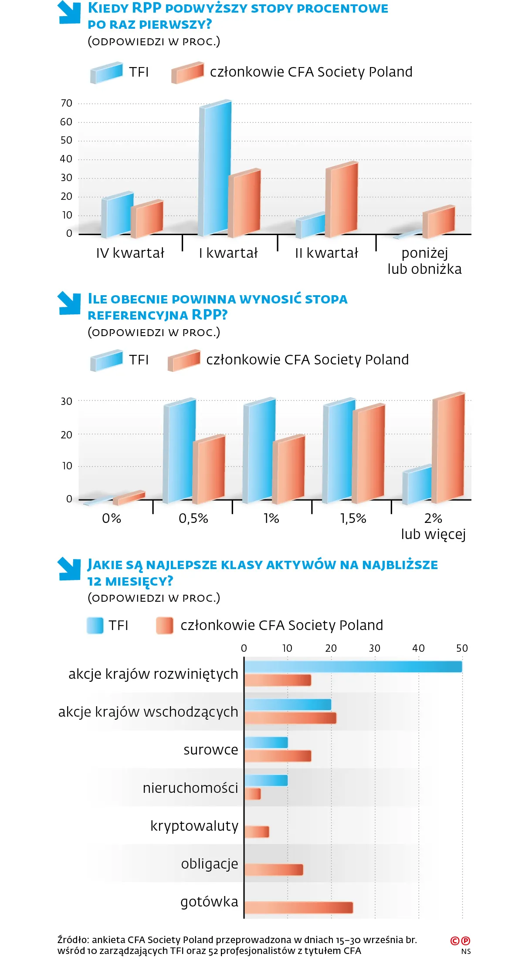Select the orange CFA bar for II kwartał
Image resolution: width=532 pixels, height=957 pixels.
343,200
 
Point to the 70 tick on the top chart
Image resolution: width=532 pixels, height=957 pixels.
67,103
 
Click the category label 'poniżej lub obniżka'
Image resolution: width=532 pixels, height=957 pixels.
424,261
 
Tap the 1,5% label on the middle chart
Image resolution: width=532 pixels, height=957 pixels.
353,518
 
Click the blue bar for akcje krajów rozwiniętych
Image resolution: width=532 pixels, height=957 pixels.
353,667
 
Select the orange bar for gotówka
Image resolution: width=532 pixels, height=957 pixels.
298,907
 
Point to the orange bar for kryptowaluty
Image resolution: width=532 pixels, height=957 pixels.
257,832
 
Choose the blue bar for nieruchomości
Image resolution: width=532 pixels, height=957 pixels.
266,780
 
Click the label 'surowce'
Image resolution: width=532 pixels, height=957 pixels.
211,750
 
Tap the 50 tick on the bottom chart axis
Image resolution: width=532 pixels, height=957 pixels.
462,648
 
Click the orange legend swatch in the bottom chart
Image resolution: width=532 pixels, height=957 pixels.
165,625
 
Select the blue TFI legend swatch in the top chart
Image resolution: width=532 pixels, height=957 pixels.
107,72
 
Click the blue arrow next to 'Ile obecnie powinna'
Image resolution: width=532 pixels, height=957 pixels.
69,303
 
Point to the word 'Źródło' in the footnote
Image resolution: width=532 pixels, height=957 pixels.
73,940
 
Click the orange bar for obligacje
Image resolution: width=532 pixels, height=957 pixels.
274,869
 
